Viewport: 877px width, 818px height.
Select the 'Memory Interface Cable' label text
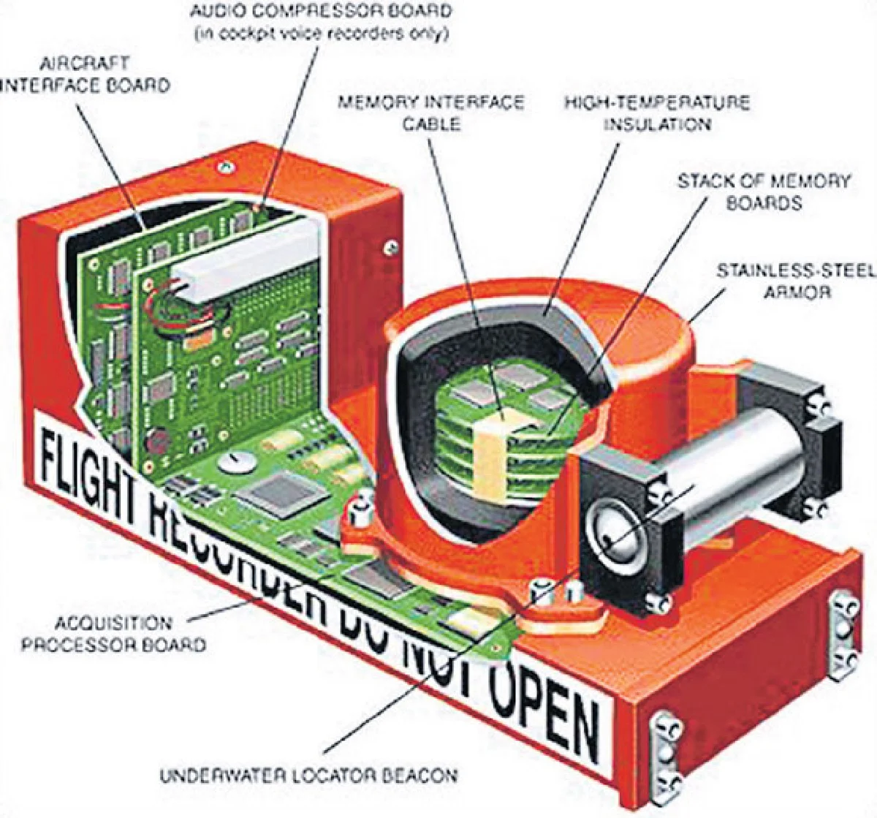point(430,112)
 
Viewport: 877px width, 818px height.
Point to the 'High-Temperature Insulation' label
point(656,113)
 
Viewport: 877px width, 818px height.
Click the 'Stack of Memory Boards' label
point(763,192)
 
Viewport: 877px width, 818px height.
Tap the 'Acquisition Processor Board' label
point(113,634)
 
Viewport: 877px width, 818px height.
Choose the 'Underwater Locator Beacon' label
point(308,775)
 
